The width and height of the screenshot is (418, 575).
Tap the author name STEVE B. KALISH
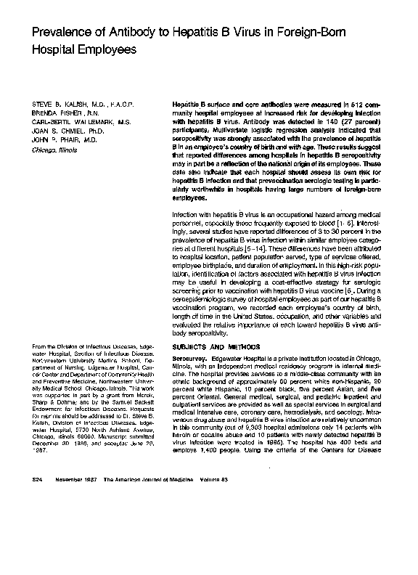[x=62, y=107]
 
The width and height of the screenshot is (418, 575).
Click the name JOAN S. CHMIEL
[x=59, y=132]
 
